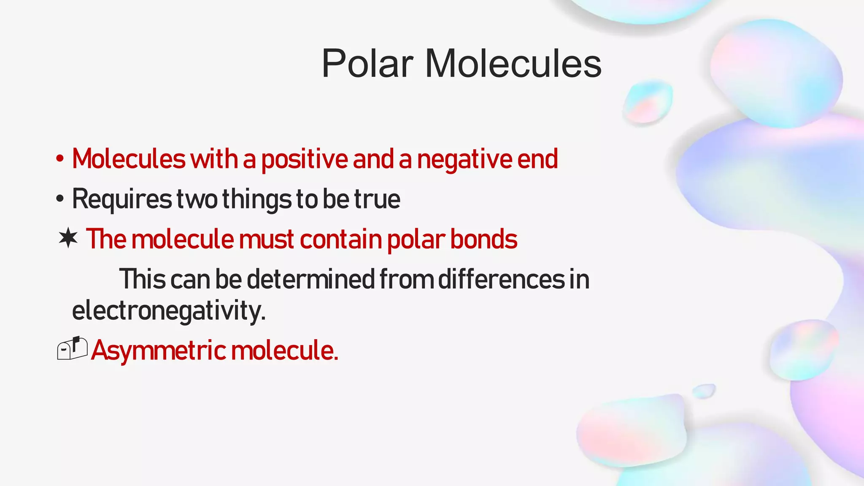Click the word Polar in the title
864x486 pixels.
tap(367, 64)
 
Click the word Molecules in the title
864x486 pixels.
tap(513, 64)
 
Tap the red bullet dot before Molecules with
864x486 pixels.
tap(60, 159)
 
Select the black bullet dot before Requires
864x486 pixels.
tap(60, 199)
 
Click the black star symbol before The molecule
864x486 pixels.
tap(68, 238)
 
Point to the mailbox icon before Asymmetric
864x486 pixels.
tap(72, 348)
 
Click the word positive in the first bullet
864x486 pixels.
tap(304, 159)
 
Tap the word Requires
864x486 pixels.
tap(122, 199)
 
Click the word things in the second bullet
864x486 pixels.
tap(256, 199)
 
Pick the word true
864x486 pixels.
tap(377, 199)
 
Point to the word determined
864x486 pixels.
tap(310, 279)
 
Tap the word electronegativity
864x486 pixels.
tap(169, 311)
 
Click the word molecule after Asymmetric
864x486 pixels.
tap(284, 350)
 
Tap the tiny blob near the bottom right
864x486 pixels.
tap(704, 391)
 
